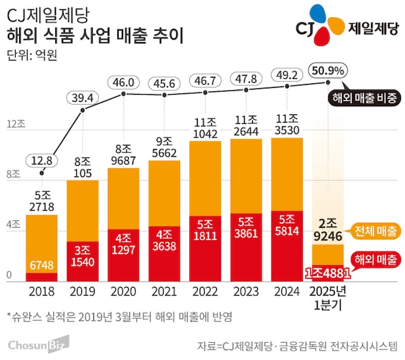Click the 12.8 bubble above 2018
click(42, 160)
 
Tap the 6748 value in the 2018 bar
click(42, 265)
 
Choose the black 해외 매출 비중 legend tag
click(364, 99)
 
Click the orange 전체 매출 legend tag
click(375, 231)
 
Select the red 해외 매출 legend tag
click(375, 259)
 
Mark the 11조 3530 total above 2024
click(287, 124)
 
